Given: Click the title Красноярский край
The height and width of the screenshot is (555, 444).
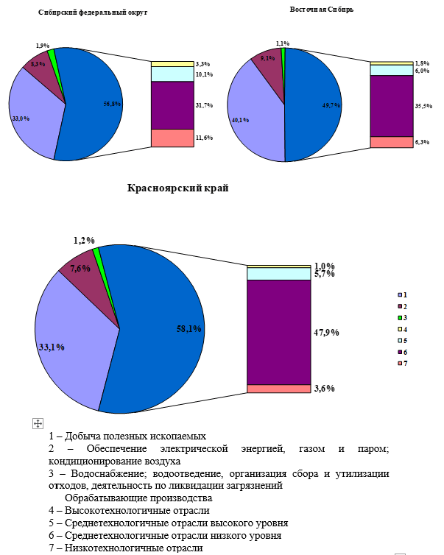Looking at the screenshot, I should [x=178, y=188].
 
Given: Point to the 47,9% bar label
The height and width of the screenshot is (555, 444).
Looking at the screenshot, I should [x=326, y=333].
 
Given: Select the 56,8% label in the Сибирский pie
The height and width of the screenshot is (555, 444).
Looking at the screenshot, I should [x=112, y=104].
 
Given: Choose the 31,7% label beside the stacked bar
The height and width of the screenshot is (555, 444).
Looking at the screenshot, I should [x=204, y=105].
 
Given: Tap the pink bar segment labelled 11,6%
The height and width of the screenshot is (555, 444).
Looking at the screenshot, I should [x=172, y=138].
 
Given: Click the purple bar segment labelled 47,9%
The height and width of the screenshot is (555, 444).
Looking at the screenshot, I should [x=278, y=331].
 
